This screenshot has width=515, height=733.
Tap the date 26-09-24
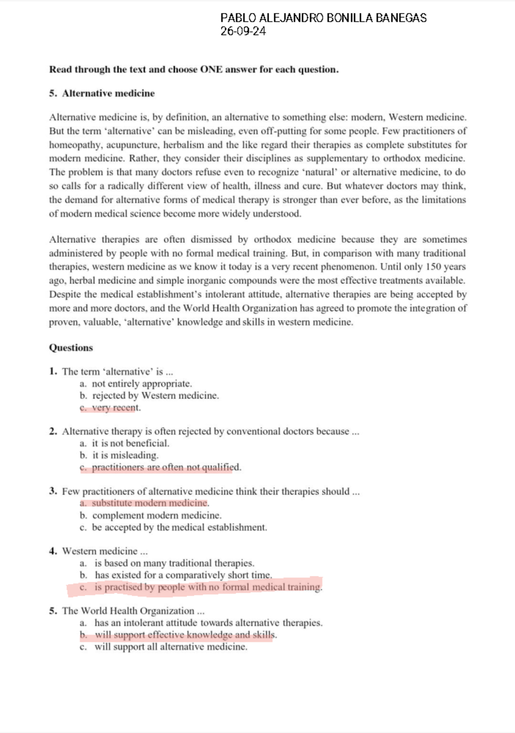click(x=243, y=31)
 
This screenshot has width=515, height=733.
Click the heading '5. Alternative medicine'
click(x=102, y=93)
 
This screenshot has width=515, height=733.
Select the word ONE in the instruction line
click(x=211, y=70)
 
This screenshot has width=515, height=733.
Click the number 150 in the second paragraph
click(x=433, y=267)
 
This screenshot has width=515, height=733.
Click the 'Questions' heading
click(x=71, y=348)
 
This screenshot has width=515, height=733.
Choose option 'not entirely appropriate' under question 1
click(x=142, y=383)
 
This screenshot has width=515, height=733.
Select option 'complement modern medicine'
click(x=157, y=515)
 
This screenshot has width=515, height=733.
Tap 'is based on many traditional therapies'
click(x=174, y=563)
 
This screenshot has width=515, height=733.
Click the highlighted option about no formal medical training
click(x=208, y=587)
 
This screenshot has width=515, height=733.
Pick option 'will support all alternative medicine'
click(x=171, y=647)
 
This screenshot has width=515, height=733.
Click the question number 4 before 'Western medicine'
click(x=53, y=551)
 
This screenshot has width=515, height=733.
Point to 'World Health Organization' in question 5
click(x=137, y=611)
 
